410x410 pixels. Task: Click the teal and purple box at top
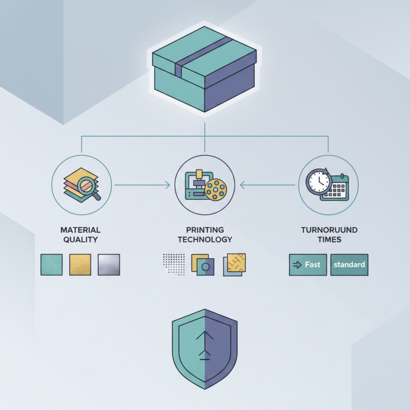[x=204, y=69]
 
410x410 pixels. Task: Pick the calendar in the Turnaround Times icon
[x=335, y=188]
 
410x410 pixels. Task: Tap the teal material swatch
[x=51, y=264]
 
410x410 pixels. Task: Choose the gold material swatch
[x=80, y=264]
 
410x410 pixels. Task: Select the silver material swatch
[x=109, y=264]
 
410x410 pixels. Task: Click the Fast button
[x=308, y=265]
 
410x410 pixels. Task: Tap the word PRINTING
[x=204, y=230]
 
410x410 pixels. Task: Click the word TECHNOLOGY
[x=204, y=239]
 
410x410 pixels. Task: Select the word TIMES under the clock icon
[x=329, y=239]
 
